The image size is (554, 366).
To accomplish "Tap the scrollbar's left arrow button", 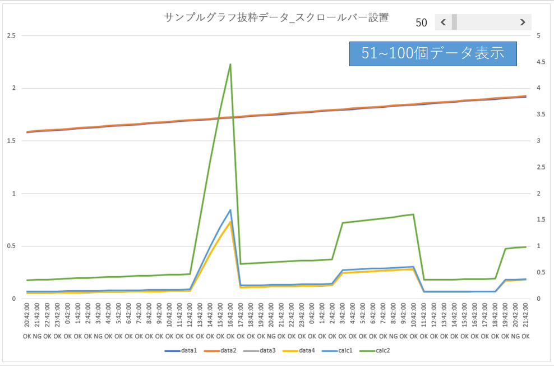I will click(x=443, y=22).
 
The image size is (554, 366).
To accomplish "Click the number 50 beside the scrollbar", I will click(x=422, y=23).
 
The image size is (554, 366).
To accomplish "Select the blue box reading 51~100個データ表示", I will click(x=432, y=54).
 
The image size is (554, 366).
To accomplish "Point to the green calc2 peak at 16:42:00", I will click(x=230, y=64).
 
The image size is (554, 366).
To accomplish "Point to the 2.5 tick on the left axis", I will click(x=11, y=36).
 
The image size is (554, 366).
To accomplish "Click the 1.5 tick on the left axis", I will click(x=11, y=141).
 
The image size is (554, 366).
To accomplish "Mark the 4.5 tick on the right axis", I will click(x=541, y=62).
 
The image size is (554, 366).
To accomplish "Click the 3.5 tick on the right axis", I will click(x=541, y=115).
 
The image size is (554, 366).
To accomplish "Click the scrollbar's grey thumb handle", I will click(x=454, y=22).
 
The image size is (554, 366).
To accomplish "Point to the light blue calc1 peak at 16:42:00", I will click(x=230, y=210).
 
